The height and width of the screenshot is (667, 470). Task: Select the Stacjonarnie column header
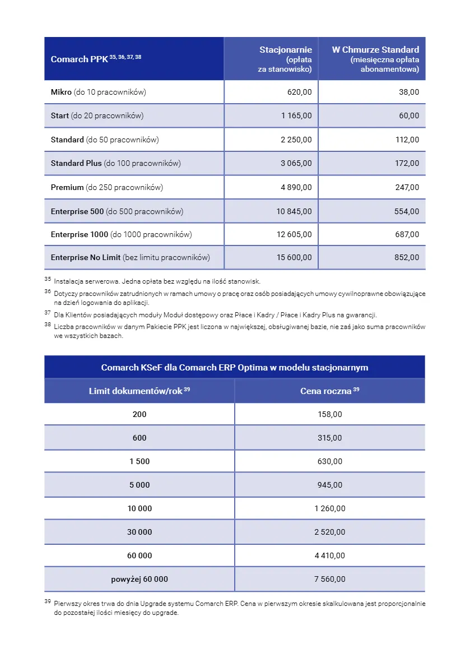coord(286,59)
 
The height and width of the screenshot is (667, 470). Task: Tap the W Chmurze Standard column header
coord(375,59)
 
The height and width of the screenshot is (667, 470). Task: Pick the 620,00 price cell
coord(300,92)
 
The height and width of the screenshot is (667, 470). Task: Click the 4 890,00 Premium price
coord(296,187)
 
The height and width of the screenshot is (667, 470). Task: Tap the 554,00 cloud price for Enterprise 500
coord(407,211)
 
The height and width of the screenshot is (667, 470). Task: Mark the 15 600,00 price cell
coord(294,258)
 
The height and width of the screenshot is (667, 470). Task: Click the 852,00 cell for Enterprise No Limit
coord(407,258)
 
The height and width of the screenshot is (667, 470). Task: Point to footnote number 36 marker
coord(48,291)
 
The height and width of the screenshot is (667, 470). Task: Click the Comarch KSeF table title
coord(234,368)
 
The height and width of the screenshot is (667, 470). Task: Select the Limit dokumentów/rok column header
coord(139,391)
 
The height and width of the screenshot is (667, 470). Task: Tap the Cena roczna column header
coord(329,391)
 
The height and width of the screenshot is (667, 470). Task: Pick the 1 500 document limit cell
coord(139,461)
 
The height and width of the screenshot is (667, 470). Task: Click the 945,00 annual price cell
coord(329,485)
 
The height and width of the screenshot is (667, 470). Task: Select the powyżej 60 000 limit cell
coord(139,579)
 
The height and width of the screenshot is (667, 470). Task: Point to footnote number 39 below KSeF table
coord(48,601)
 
